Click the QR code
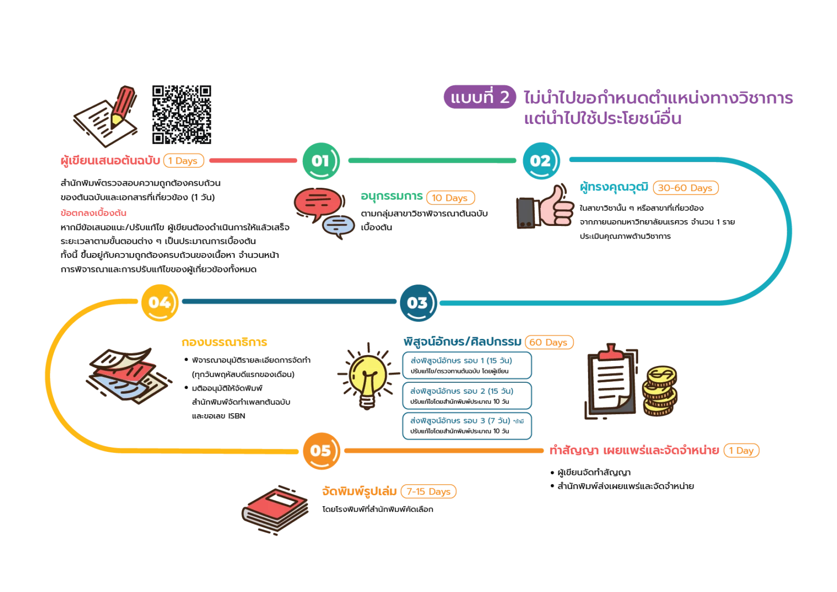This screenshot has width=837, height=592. pyautogui.click(x=182, y=115)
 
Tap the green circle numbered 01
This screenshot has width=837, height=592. pyautogui.click(x=321, y=161)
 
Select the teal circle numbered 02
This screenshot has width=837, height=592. pyautogui.click(x=541, y=161)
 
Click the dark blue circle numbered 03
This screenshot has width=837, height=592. pyautogui.click(x=418, y=303)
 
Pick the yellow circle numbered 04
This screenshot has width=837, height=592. pyautogui.click(x=160, y=302)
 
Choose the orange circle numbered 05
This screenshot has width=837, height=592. pyautogui.click(x=321, y=451)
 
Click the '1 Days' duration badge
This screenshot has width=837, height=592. pyautogui.click(x=184, y=161)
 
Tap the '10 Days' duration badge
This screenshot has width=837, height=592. pyautogui.click(x=450, y=198)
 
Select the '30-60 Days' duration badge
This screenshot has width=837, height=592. pyautogui.click(x=685, y=188)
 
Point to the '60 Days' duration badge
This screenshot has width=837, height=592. pyautogui.click(x=549, y=342)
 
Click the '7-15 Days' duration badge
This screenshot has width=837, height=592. pyautogui.click(x=428, y=491)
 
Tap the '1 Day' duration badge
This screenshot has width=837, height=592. pyautogui.click(x=741, y=450)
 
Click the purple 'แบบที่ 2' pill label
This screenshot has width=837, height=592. pyautogui.click(x=480, y=97)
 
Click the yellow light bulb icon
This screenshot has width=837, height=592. pyautogui.click(x=368, y=377)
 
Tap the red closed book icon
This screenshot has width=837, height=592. pyautogui.click(x=275, y=510)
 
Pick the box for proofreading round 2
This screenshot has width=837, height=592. pyautogui.click(x=467, y=395)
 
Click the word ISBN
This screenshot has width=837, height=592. pyautogui.click(x=236, y=416)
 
